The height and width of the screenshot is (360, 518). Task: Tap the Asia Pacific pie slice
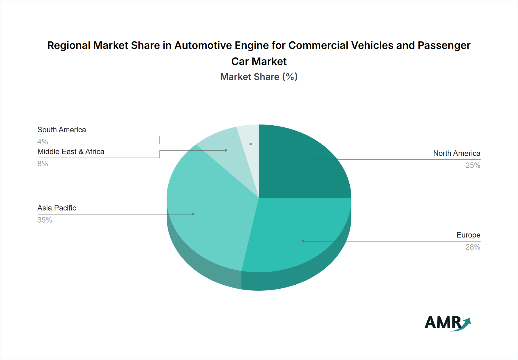pyautogui.click(x=207, y=213)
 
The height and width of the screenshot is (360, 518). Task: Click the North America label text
pyautogui.click(x=456, y=153)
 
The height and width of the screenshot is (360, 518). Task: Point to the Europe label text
pyautogui.click(x=468, y=235)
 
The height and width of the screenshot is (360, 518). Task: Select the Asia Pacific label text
pyautogui.click(x=57, y=208)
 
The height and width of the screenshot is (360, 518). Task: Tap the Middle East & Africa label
pyautogui.click(x=71, y=152)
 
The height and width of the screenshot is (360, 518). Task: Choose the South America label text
pyautogui.click(x=62, y=130)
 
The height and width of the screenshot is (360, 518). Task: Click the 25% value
pyautogui.click(x=473, y=165)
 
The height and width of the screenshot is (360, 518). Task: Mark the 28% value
pyautogui.click(x=473, y=247)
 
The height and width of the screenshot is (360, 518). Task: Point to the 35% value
pyautogui.click(x=45, y=220)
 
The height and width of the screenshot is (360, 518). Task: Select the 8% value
pyautogui.click(x=43, y=164)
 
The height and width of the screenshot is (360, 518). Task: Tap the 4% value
pyautogui.click(x=43, y=142)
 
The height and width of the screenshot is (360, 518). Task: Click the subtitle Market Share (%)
pyautogui.click(x=259, y=77)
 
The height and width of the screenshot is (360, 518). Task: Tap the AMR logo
pyautogui.click(x=447, y=323)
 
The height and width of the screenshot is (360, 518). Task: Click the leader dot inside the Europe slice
pyautogui.click(x=303, y=241)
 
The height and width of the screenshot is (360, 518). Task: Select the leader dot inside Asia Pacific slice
pyautogui.click(x=193, y=214)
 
